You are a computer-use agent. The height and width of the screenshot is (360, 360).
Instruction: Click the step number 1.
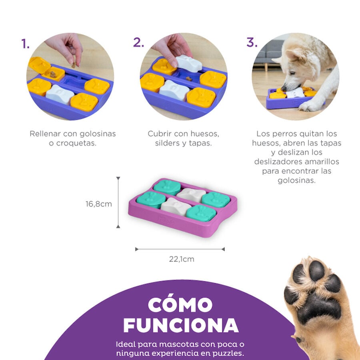[x=25, y=44]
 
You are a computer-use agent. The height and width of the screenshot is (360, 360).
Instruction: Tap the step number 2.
[x=138, y=43]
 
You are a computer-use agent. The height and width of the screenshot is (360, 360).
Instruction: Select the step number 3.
[x=252, y=43]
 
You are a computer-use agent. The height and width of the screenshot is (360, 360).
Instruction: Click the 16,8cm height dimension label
[x=98, y=204]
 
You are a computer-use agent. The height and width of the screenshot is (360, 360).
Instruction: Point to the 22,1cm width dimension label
[x=181, y=259]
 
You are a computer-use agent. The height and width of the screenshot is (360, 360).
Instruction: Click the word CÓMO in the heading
[x=180, y=305]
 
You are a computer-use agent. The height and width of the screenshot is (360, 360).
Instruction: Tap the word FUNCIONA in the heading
[x=180, y=326]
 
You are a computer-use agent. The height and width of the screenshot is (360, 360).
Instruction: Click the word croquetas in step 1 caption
[x=72, y=143]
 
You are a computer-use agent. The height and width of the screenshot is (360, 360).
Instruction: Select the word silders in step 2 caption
[x=169, y=143]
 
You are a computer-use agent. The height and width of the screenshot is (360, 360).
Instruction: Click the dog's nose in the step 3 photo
[x=284, y=88]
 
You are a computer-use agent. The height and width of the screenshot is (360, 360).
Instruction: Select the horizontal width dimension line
[x=180, y=249]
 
